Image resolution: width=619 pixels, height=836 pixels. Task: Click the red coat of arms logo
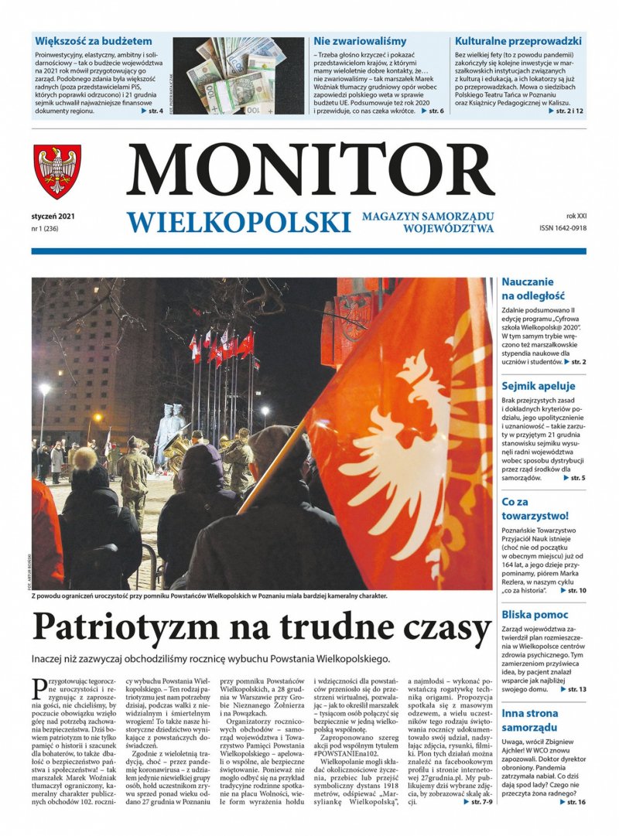(x=57, y=171)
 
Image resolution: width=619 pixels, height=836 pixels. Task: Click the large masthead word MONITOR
(x=309, y=171)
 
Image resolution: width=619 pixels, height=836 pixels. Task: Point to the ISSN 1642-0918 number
(x=563, y=229)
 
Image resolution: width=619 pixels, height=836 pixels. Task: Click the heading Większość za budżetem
(x=94, y=40)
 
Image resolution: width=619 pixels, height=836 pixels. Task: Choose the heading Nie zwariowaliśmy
(x=360, y=40)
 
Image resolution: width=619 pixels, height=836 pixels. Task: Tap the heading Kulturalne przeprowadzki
(x=518, y=40)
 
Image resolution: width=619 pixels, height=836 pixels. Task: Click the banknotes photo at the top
(x=238, y=77)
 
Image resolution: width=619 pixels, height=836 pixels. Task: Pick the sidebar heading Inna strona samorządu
(x=537, y=721)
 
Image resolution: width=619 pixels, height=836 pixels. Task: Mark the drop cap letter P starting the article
(x=40, y=686)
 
